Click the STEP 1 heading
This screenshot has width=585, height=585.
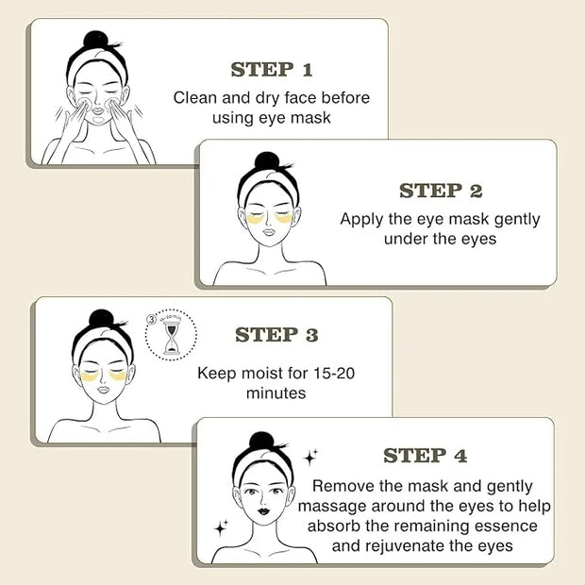coord(272,70)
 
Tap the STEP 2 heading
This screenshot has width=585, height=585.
coord(441,191)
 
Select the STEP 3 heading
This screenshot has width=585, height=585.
coord(276,334)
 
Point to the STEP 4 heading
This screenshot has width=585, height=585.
coord(425,456)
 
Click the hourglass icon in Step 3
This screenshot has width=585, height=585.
coord(172,338)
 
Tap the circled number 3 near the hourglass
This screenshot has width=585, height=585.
coord(152,319)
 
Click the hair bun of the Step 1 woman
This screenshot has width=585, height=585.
coord(95,40)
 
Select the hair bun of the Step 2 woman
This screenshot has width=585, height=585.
coord(267,161)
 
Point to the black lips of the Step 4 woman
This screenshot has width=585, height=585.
coord(263,510)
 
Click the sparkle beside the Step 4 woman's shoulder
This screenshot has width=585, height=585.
coord(221,528)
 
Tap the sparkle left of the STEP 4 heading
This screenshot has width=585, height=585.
coord(310,458)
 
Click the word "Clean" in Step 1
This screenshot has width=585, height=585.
coord(194,98)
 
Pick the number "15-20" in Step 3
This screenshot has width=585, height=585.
coord(333,373)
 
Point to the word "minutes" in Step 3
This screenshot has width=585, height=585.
coord(276,393)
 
